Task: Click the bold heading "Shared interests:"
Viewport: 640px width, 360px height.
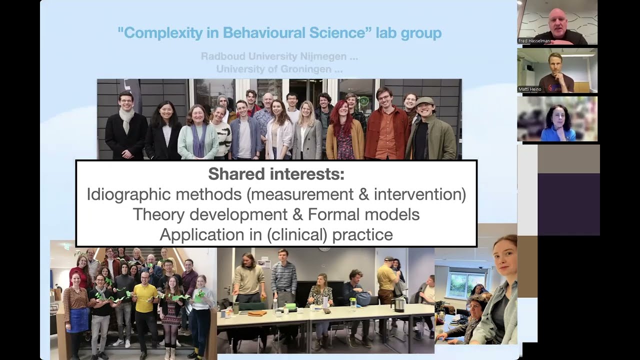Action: point(276,174)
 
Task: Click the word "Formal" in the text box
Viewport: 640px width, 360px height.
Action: point(333,214)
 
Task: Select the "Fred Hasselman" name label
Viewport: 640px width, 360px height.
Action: point(534,41)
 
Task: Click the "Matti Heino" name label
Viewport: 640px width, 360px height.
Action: point(530,89)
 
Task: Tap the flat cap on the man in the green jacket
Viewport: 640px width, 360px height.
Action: point(424,100)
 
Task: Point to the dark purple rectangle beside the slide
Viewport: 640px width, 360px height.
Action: point(568,204)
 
